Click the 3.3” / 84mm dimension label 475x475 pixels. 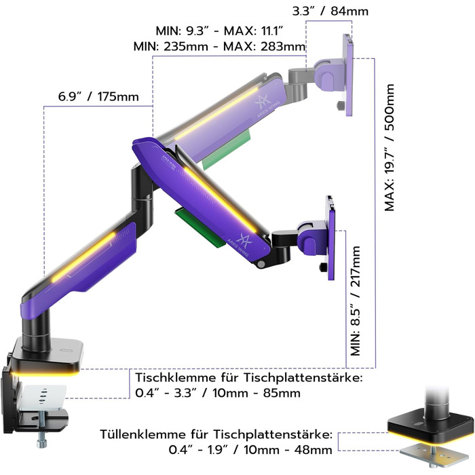[x=330, y=12]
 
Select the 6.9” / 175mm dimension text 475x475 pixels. [x=98, y=96]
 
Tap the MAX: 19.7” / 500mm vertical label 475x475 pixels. [x=389, y=147]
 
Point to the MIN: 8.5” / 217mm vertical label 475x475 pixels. [x=355, y=301]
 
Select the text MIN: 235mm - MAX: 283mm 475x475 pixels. [x=219, y=47]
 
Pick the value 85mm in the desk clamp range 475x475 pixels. [x=282, y=393]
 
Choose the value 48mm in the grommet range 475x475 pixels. [x=313, y=450]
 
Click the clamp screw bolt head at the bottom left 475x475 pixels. [x=41, y=444]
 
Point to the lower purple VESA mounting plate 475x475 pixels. [x=330, y=237]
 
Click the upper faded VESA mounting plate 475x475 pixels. [x=348, y=75]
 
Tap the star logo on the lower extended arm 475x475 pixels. [x=243, y=240]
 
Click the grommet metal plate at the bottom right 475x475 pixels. [x=434, y=453]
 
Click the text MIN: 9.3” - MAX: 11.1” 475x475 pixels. [x=219, y=31]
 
